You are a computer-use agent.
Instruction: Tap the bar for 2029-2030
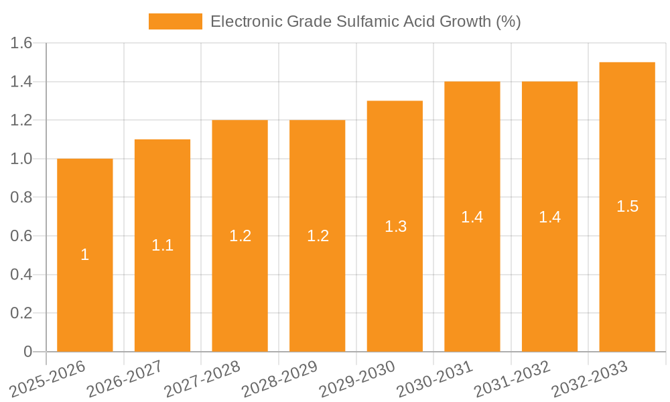(395, 281)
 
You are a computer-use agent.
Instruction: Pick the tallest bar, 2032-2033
(627, 268)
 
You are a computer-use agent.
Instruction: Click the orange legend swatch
(175, 21)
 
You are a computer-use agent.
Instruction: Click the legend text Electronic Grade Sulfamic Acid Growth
(365, 21)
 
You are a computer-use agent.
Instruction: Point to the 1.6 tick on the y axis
(22, 44)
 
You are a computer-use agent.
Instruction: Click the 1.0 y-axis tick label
(22, 159)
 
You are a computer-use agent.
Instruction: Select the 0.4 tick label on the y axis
(22, 275)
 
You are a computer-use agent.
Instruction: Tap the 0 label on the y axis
(27, 352)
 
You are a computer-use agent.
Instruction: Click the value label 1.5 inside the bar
(627, 206)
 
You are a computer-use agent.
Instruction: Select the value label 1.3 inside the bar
(395, 226)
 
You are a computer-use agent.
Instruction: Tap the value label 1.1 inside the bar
(162, 245)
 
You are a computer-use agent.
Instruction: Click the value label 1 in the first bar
(85, 255)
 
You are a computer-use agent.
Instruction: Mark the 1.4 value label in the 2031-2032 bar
(549, 216)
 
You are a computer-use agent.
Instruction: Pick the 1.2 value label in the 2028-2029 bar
(318, 236)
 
